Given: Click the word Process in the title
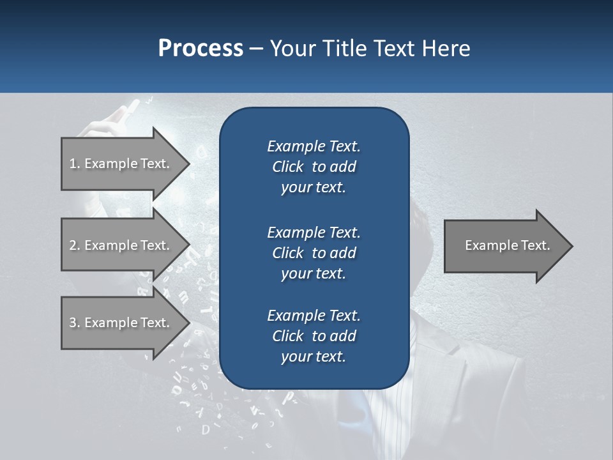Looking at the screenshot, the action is pos(201,49).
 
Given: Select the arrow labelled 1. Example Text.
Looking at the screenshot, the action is pos(121,164).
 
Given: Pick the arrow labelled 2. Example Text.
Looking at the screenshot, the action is pos(121,245).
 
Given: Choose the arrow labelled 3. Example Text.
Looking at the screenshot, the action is pos(121,323).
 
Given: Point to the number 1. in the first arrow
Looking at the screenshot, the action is pos(74,164).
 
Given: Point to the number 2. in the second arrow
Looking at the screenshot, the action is pos(74,245).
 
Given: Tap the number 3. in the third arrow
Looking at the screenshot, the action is pos(74,323).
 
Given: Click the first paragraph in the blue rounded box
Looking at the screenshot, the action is pos(314,167).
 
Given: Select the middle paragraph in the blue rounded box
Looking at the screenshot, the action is pos(314,252).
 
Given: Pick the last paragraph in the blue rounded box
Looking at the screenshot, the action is pos(314,336).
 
